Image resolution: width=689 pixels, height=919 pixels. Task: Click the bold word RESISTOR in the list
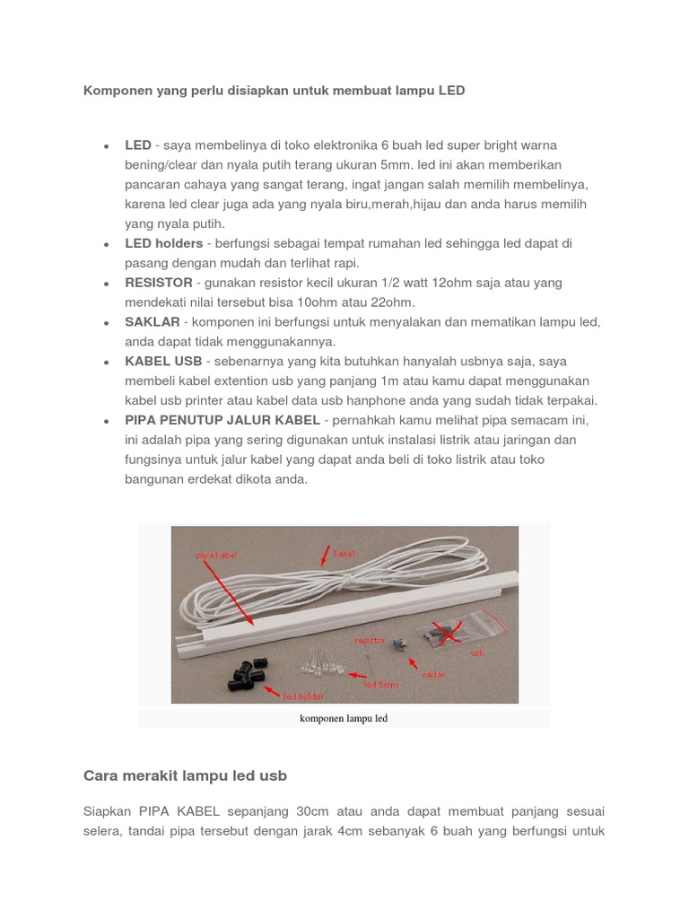pos(159,283)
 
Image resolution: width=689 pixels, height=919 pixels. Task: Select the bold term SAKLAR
pos(153,322)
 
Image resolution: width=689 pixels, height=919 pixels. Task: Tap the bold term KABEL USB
pos(163,362)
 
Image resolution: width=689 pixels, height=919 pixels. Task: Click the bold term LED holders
pos(163,243)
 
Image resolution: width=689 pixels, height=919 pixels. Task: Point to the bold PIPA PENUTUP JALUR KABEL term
pos(222,420)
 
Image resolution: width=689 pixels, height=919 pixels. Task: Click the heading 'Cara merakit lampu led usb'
pos(185,775)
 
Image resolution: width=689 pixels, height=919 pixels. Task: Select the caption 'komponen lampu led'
pos(344,719)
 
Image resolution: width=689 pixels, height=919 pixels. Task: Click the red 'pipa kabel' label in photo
pos(214,556)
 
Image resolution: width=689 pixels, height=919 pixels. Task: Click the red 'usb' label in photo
pos(477,654)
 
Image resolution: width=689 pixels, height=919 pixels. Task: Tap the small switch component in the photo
pos(402,643)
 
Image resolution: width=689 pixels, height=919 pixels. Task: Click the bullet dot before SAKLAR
pos(107,323)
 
